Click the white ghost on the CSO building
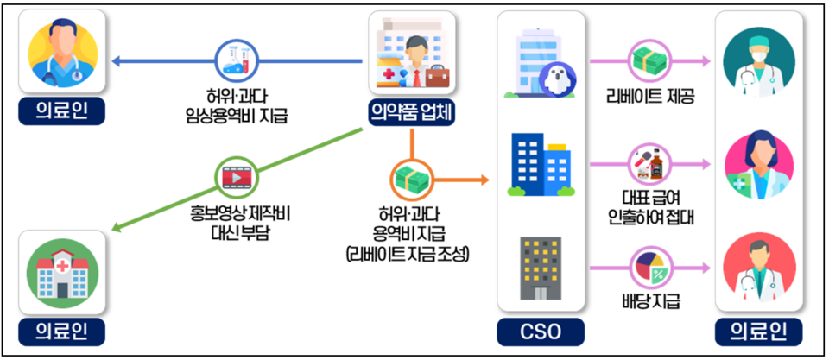[x=553, y=80]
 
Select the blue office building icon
[x=541, y=163]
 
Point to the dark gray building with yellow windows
[x=541, y=268]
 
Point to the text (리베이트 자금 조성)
[x=406, y=254]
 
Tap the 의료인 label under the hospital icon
[x=61, y=331]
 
